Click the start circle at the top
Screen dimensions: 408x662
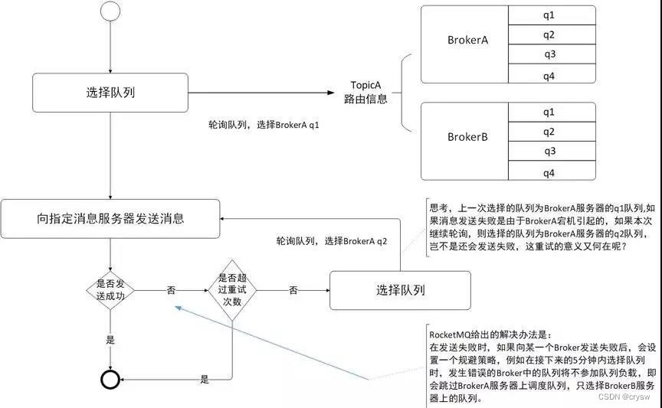(111, 13)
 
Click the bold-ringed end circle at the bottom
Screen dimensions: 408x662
(111, 379)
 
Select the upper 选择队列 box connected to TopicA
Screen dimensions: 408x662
(111, 93)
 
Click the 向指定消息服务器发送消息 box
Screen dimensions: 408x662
(111, 218)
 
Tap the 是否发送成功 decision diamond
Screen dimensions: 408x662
(111, 291)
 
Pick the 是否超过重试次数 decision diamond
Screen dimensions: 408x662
(234, 290)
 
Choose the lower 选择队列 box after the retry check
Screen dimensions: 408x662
(401, 290)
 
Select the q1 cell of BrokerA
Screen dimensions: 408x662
(549, 15)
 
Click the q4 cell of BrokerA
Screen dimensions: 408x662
(549, 74)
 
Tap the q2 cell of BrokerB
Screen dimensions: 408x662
(549, 132)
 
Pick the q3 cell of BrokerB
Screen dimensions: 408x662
(549, 152)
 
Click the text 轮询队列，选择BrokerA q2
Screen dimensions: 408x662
(332, 240)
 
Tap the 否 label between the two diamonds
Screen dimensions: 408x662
(171, 291)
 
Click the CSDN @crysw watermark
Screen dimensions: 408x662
(624, 397)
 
